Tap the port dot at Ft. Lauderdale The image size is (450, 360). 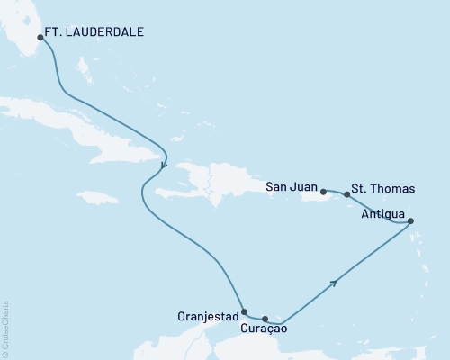click(40, 38)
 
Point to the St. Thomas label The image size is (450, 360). click(384, 188)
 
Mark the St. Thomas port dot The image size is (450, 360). click(347, 193)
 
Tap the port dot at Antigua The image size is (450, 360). click(410, 221)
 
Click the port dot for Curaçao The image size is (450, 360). click(265, 319)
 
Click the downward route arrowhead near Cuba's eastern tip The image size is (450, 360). click(163, 165)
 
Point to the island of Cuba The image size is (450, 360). click(99, 127)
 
